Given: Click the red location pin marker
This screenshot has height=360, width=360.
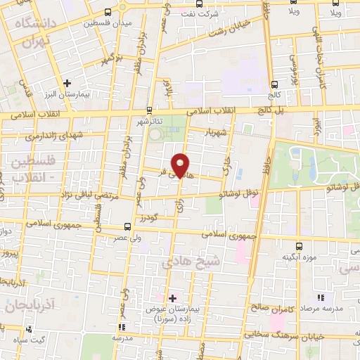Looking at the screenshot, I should coord(181,165).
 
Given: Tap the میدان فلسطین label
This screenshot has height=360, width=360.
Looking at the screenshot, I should coord(107,24).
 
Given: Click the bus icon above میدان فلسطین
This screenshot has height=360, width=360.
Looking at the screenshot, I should coord(107,12).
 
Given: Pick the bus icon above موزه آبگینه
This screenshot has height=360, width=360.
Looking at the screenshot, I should coord(299,246).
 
